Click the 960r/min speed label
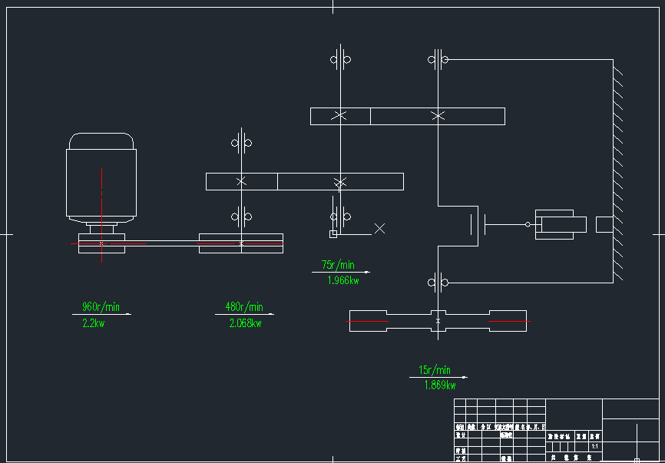(101, 307)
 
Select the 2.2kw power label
(93, 324)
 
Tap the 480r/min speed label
(244, 307)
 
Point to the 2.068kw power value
(245, 324)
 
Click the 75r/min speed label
(338, 266)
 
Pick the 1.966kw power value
(342, 281)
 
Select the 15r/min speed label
(435, 370)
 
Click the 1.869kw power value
(440, 385)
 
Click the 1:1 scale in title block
(594, 446)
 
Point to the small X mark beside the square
(379, 228)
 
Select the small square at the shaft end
(333, 233)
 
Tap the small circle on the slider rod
(528, 224)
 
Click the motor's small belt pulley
(101, 244)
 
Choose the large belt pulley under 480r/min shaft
(241, 243)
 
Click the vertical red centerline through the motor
(101, 215)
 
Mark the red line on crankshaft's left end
(369, 320)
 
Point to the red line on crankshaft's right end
(508, 320)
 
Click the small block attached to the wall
(604, 224)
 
